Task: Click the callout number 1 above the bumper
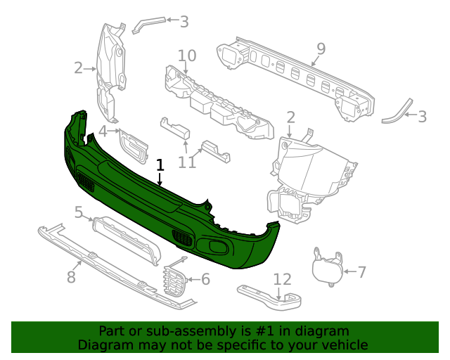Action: [x=160, y=165]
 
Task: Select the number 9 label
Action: [x=321, y=49]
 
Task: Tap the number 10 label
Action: [x=186, y=56]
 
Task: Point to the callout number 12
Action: [x=281, y=280]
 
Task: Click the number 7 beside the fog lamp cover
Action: [x=361, y=272]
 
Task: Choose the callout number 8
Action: [x=71, y=277]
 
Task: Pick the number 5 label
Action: [x=79, y=212]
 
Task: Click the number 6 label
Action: [x=205, y=279]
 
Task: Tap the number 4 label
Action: [x=103, y=131]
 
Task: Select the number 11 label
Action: [x=186, y=162]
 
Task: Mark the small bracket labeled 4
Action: [x=134, y=146]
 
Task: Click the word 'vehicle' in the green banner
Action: [x=343, y=345]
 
